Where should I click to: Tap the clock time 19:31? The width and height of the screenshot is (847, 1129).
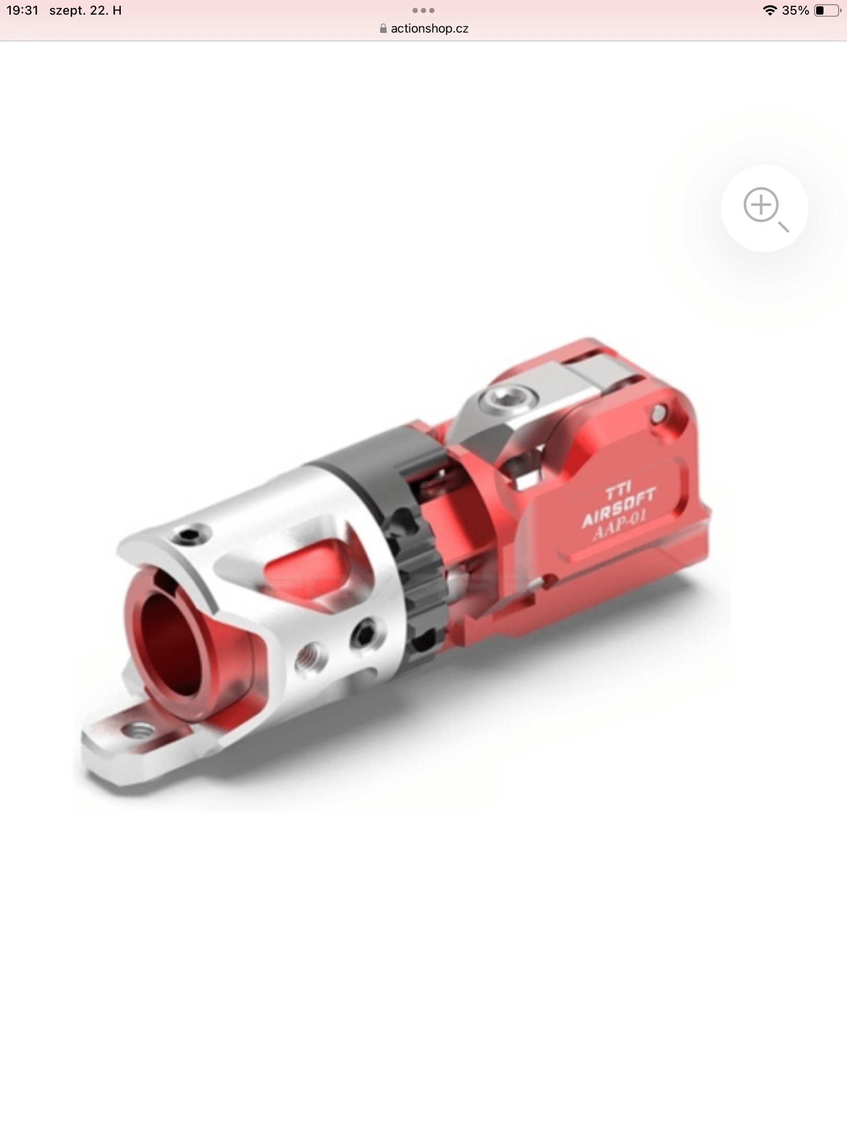pyautogui.click(x=22, y=10)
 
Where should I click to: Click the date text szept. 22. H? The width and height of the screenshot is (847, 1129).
pyautogui.click(x=86, y=10)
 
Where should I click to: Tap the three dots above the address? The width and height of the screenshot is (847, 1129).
pyautogui.click(x=423, y=10)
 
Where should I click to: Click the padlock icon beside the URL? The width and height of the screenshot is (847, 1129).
pyautogui.click(x=383, y=29)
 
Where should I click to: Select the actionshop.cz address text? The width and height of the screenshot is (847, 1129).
pyautogui.click(x=429, y=29)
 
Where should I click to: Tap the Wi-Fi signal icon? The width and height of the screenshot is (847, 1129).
pyautogui.click(x=770, y=10)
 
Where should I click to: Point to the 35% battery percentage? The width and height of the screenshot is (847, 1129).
pyautogui.click(x=795, y=10)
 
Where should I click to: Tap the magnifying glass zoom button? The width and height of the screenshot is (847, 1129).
pyautogui.click(x=764, y=208)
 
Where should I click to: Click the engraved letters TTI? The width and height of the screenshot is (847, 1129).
pyautogui.click(x=618, y=493)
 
